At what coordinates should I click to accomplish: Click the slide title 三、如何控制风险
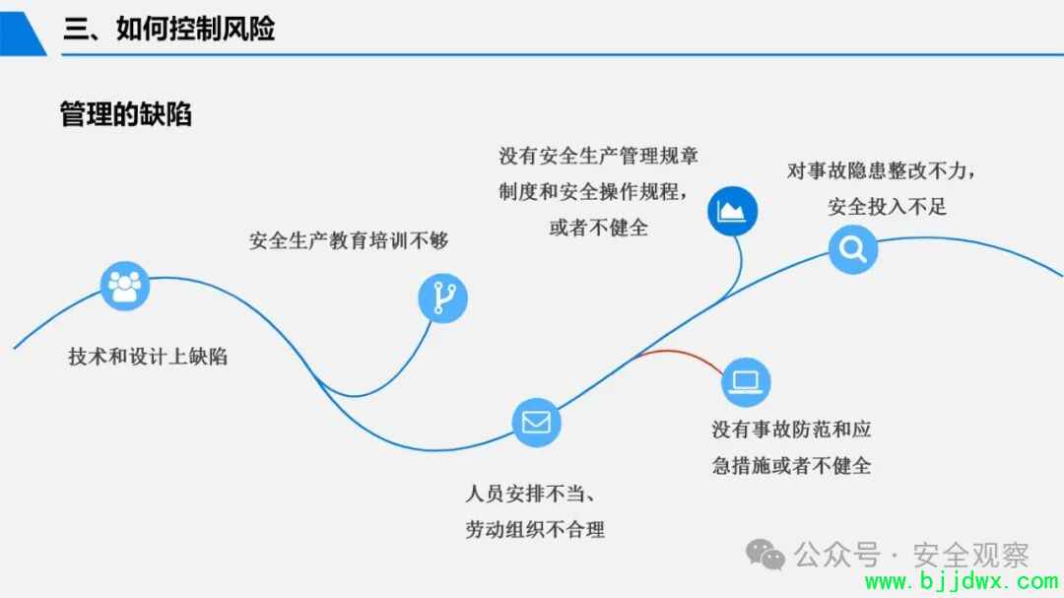[169, 29]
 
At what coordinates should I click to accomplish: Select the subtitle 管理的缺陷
[125, 114]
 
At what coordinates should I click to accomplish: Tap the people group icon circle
[125, 286]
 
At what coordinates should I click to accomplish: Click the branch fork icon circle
[442, 298]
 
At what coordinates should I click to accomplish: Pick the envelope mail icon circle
[536, 423]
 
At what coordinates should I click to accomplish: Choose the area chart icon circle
[732, 211]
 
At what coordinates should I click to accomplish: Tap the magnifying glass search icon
[853, 249]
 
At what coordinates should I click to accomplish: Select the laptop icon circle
[746, 382]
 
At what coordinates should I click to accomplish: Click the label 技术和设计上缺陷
[147, 357]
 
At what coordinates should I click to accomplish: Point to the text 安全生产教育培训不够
[349, 240]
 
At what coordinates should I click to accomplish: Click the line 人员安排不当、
[531, 494]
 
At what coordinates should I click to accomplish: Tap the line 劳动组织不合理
[535, 529]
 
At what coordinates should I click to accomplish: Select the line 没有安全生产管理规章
[599, 156]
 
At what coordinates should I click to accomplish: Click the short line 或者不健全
[599, 228]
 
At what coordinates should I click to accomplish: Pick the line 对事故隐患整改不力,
[882, 170]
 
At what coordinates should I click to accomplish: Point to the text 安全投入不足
[887, 206]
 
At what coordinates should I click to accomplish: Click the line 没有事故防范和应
[791, 429]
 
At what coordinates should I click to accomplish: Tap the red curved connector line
[679, 353]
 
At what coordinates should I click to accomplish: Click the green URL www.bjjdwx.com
[962, 581]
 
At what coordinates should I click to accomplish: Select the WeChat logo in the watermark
[765, 555]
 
